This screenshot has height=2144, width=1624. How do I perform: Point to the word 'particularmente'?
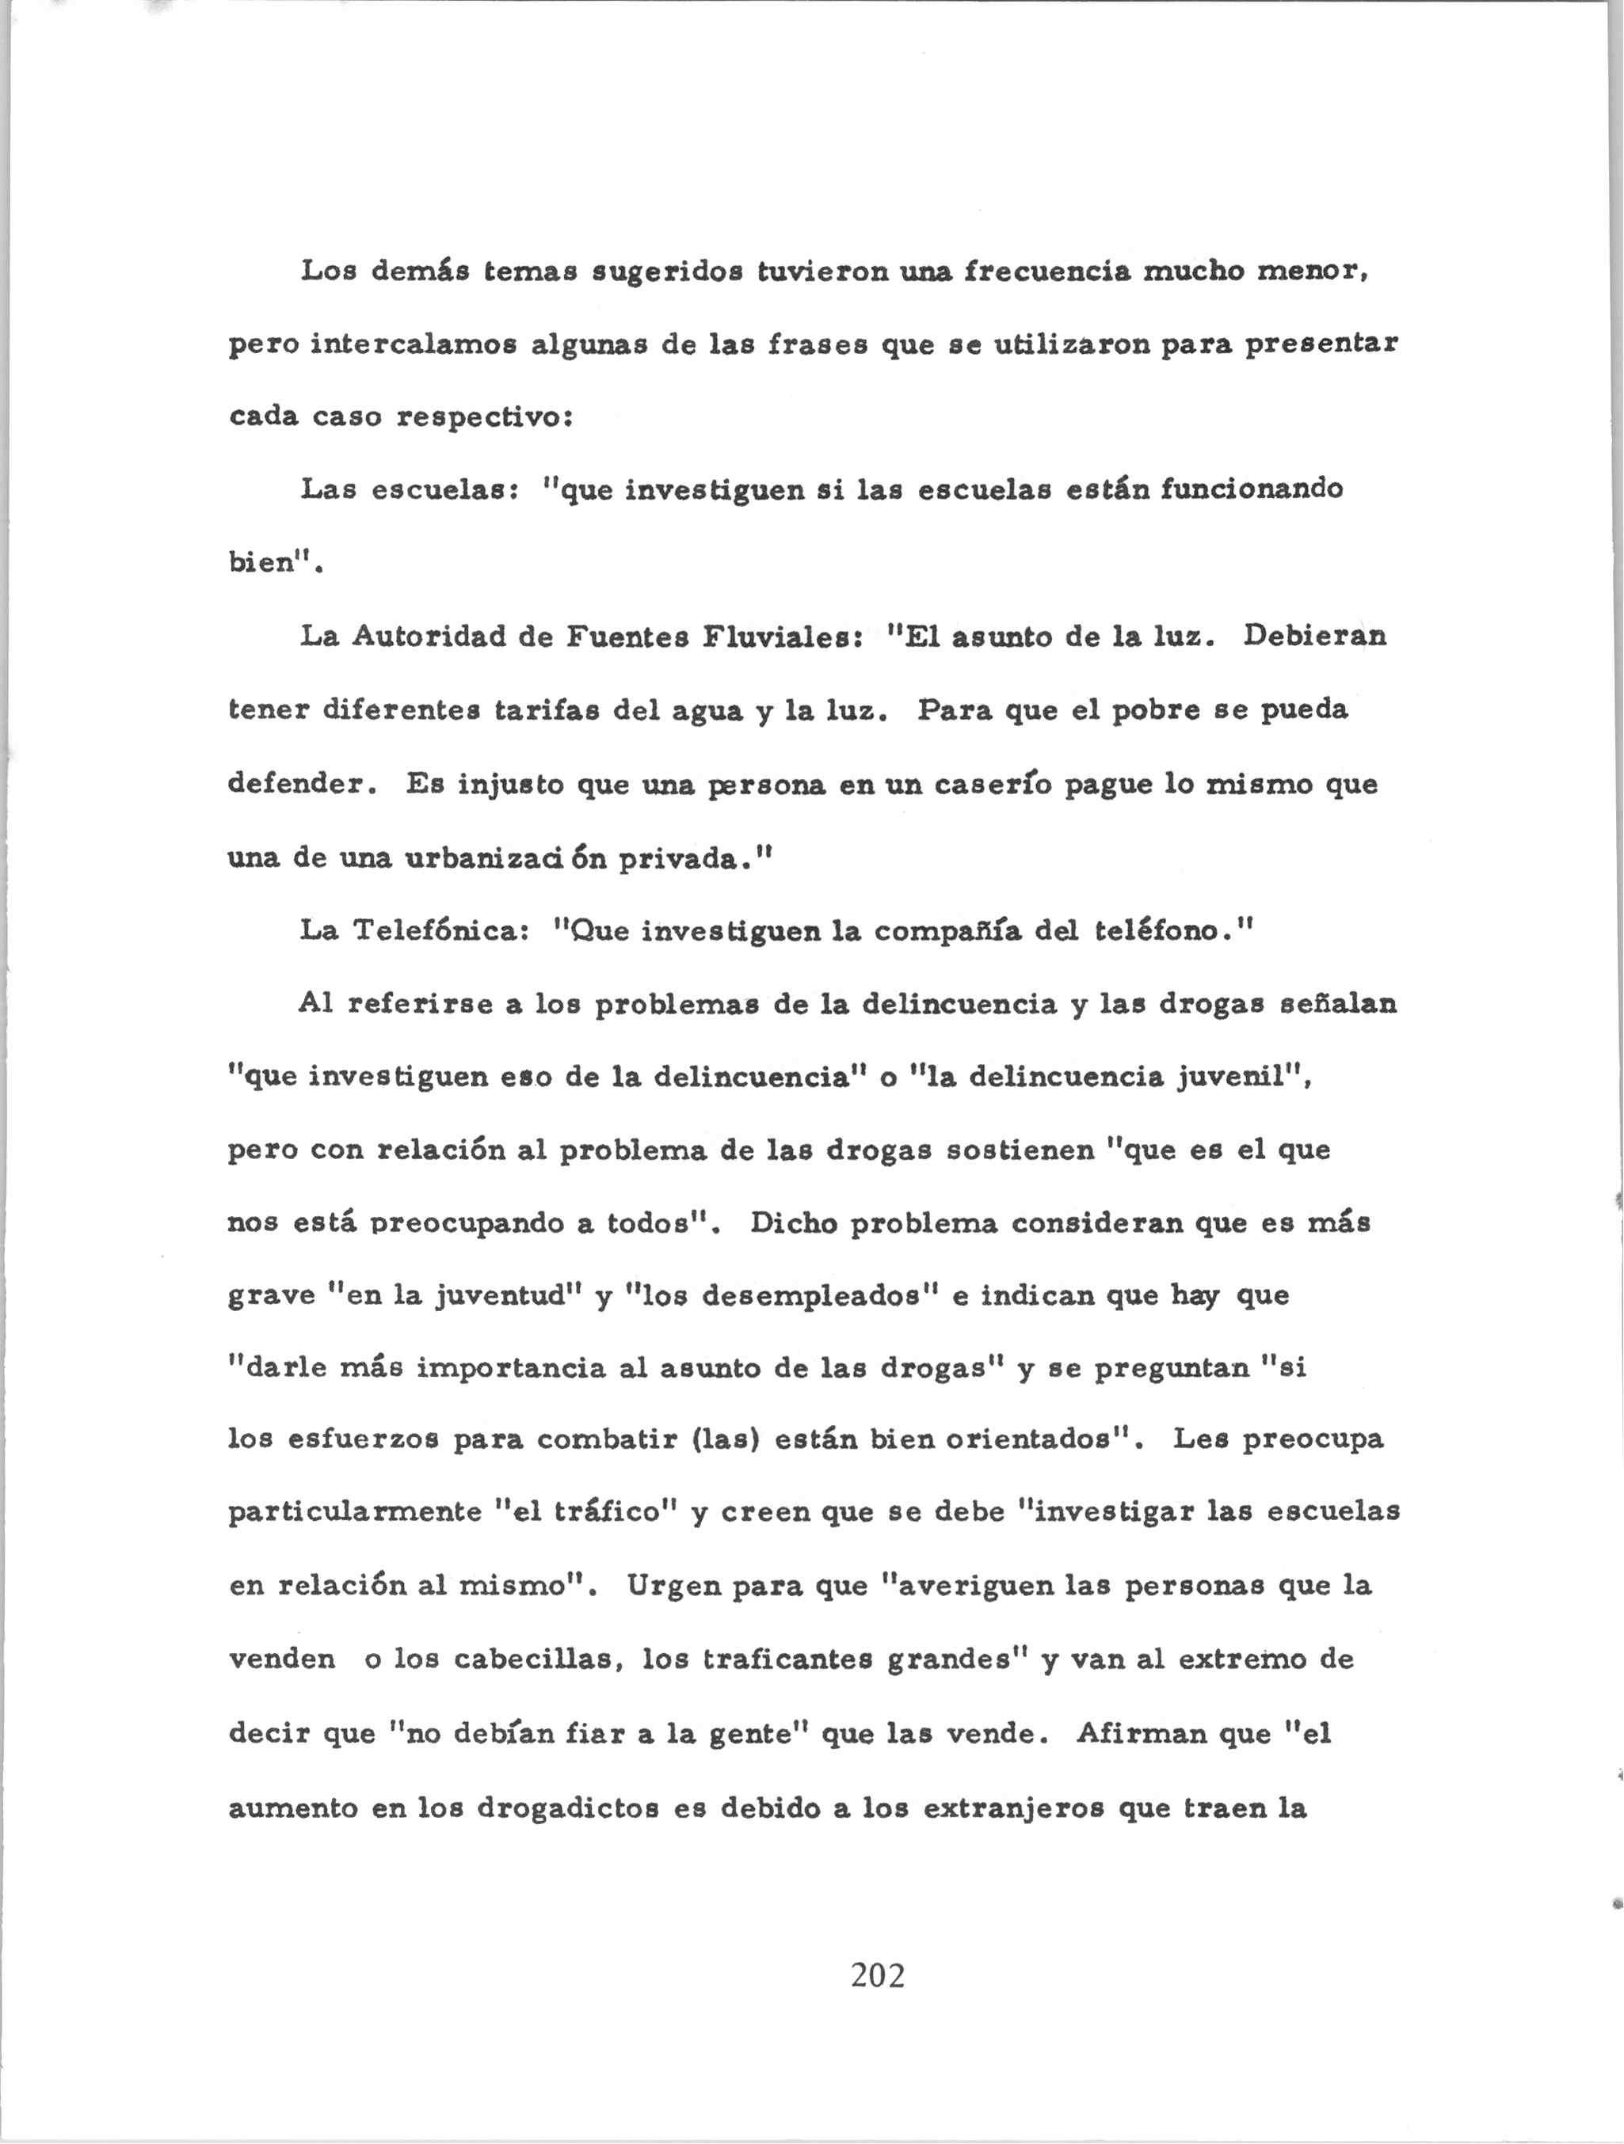pyautogui.click(x=355, y=1514)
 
